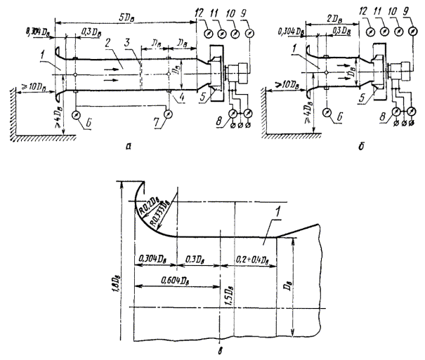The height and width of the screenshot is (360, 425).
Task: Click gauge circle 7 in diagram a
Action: point(167,114)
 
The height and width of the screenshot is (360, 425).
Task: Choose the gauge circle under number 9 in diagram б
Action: point(414,32)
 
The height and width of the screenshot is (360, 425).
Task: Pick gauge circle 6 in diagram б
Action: point(328,112)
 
